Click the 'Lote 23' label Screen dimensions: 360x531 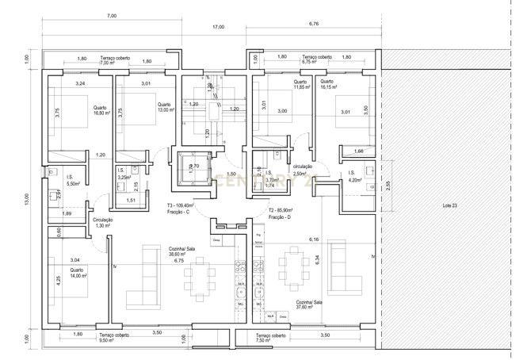[449, 205]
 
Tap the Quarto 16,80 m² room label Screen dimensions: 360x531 [101, 111]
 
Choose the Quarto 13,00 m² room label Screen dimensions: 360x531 [165, 108]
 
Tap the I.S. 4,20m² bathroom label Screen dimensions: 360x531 [354, 177]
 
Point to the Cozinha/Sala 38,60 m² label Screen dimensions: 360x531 [178, 251]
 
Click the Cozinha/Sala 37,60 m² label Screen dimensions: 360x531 [309, 306]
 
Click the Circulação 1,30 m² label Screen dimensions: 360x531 [103, 224]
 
